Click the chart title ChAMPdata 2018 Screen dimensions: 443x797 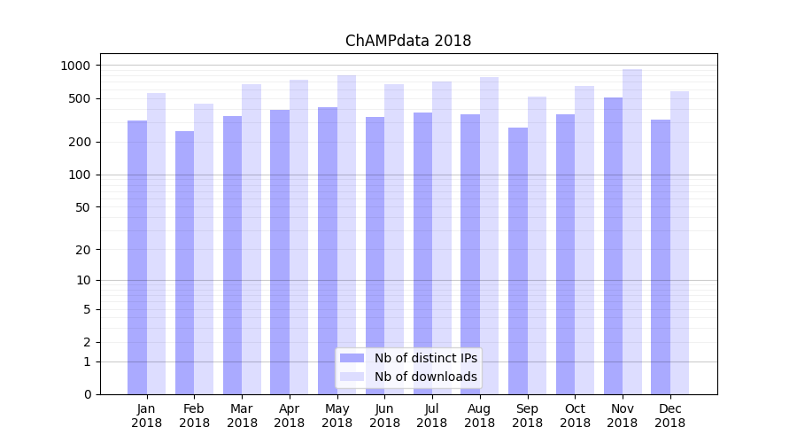[408, 41]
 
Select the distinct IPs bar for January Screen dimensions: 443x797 [137, 257]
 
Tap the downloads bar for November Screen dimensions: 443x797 [632, 230]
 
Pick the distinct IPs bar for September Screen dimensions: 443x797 [518, 261]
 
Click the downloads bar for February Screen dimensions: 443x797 [204, 248]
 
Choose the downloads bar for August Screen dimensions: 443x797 [490, 235]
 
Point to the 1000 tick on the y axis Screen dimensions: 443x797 [75, 66]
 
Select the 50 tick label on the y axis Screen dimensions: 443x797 [82, 207]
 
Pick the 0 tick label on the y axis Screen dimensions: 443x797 [87, 394]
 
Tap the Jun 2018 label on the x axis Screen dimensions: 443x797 [384, 416]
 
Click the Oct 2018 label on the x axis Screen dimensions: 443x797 [575, 416]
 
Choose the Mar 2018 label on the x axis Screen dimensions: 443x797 [242, 416]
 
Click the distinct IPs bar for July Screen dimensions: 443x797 [422, 253]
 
